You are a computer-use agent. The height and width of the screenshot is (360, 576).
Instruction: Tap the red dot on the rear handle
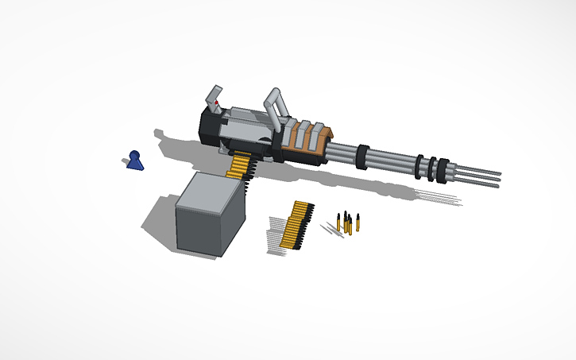[x=218, y=103]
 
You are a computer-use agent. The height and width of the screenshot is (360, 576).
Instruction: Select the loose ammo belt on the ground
[x=297, y=225]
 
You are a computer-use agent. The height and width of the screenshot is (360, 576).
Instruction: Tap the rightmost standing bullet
[x=358, y=224]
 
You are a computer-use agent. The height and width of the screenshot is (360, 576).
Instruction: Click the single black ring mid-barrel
[x=361, y=157]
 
